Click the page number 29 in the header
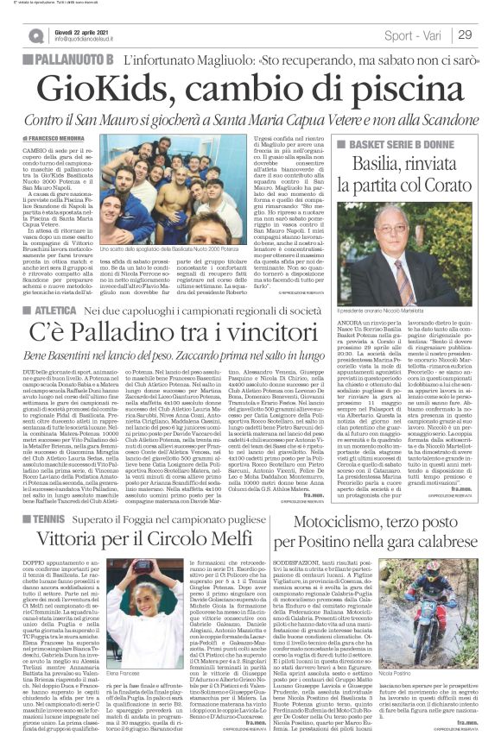tap(464, 35)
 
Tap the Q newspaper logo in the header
tap(35, 35)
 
